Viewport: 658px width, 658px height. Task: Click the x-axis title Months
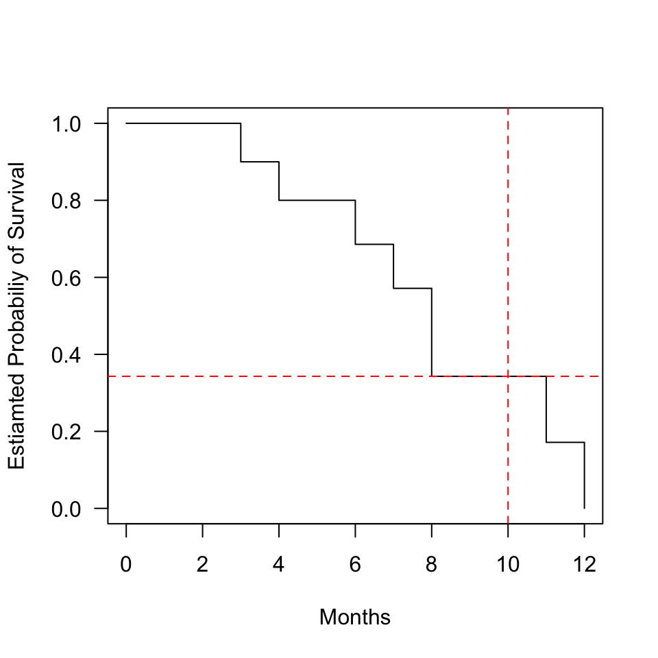click(x=355, y=618)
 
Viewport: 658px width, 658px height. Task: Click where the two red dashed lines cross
click(x=508, y=376)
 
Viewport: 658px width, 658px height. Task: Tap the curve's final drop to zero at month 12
click(x=584, y=475)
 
